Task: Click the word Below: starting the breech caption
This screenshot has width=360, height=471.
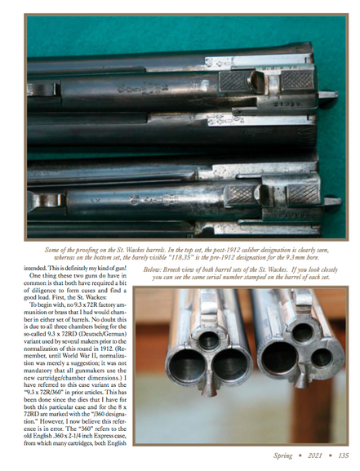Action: pos(153,268)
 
